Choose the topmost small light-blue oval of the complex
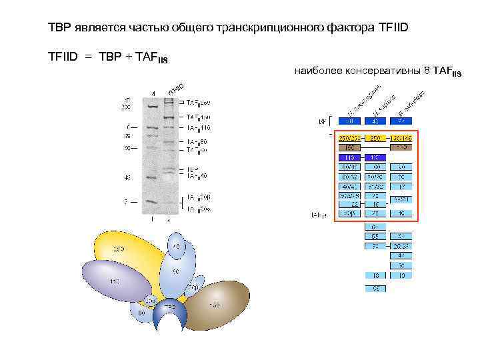177,247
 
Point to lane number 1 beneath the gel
153,218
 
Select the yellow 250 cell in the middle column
375,138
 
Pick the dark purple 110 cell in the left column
348,157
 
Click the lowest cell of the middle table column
375,289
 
